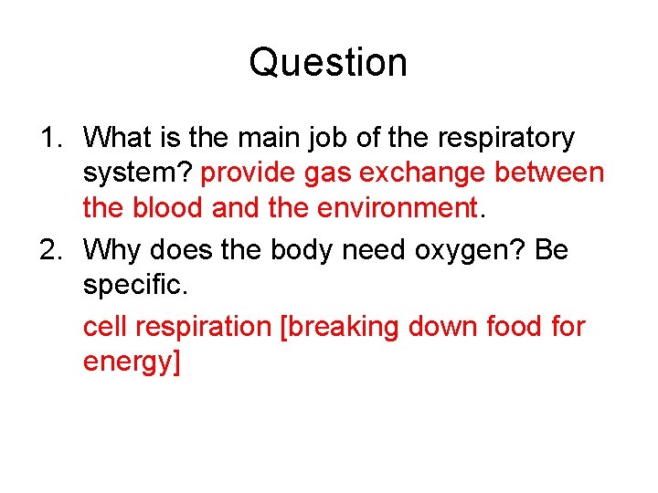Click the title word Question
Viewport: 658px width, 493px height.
tap(328, 63)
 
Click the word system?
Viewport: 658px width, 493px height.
tap(137, 173)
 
